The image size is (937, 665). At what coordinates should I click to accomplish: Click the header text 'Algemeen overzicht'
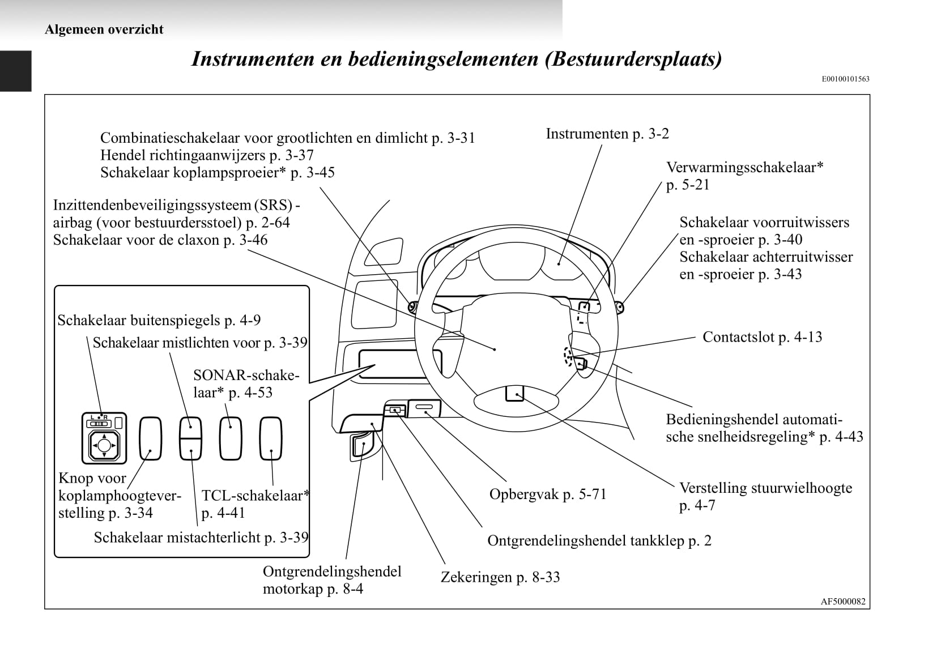(x=104, y=29)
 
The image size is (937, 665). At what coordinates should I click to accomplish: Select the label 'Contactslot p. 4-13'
(x=762, y=337)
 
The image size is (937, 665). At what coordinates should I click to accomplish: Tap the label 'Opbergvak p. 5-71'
(x=547, y=495)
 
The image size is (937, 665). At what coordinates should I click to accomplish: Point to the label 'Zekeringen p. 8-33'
(x=500, y=577)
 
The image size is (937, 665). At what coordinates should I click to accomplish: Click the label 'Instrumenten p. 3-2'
(x=607, y=134)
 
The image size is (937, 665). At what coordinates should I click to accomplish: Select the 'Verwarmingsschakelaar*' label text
(x=744, y=168)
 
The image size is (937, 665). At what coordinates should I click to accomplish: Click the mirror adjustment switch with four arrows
(x=104, y=445)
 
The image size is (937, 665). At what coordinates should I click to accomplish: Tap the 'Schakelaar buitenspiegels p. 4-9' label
(x=159, y=321)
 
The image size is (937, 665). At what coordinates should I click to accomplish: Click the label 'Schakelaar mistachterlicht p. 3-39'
(x=201, y=538)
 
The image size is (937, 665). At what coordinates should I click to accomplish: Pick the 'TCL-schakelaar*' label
(x=255, y=496)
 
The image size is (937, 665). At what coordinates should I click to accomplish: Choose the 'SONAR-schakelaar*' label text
(x=245, y=383)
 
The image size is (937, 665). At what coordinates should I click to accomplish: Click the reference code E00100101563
(x=845, y=79)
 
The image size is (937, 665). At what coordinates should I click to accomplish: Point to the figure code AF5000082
(x=843, y=602)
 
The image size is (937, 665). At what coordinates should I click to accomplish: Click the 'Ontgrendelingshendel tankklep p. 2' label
(x=599, y=541)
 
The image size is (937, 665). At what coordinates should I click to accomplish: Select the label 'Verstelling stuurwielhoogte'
(x=765, y=488)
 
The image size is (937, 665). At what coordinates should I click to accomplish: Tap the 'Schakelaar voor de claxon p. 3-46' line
(x=160, y=240)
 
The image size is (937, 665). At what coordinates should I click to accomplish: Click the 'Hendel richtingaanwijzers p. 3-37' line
(x=207, y=155)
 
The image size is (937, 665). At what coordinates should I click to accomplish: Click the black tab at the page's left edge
(x=15, y=71)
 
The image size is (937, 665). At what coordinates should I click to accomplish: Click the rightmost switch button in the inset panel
(x=271, y=438)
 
